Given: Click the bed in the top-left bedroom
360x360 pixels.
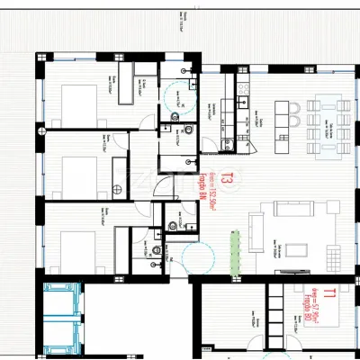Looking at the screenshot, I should [76, 94].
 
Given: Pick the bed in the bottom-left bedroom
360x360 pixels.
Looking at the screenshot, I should [73, 242].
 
